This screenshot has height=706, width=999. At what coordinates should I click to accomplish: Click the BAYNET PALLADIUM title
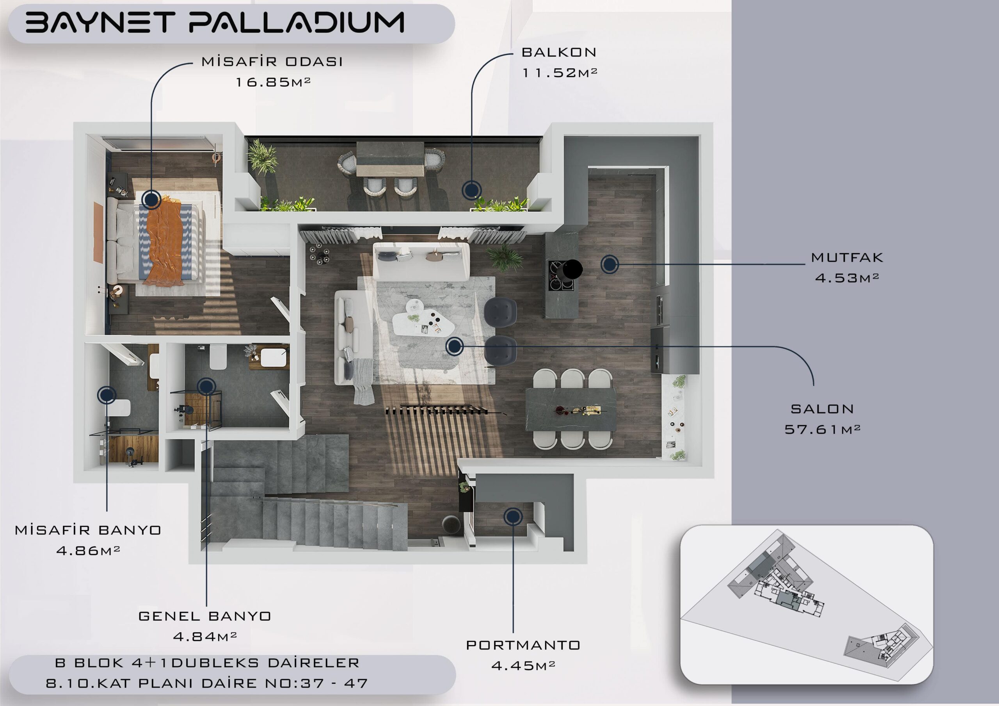tap(215, 22)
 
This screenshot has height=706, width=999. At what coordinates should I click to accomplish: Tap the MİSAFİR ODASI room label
tap(272, 62)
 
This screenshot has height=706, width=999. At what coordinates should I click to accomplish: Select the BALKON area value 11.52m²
tap(560, 73)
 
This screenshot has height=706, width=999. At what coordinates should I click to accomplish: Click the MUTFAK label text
tap(847, 257)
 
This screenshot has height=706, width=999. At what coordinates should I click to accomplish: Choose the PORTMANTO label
tap(523, 645)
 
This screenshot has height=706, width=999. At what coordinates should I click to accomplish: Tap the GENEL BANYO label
tap(204, 616)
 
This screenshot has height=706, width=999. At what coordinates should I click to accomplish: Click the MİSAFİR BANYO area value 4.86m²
tap(88, 550)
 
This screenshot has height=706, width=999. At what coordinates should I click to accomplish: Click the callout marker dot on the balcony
tap(471, 190)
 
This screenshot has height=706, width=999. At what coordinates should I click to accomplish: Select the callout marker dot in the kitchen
tap(610, 264)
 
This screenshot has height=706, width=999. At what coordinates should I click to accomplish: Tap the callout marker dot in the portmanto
tap(513, 516)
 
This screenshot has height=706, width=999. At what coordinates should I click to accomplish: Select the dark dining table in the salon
tap(571, 409)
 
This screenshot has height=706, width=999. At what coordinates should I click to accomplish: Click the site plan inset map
tap(807, 604)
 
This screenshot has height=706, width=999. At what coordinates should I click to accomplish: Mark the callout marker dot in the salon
tap(454, 346)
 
